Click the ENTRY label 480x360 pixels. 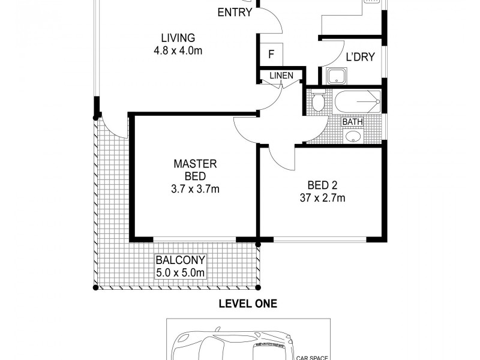coord(235,13)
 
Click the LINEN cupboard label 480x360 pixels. coord(281,76)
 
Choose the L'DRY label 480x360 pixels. coord(360,58)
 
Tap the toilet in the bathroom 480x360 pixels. coord(317,102)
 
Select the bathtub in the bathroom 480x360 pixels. coord(358,102)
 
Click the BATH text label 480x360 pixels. coord(352,122)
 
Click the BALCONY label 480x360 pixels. coord(181,260)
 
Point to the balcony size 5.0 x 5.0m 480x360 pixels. coord(181,274)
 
